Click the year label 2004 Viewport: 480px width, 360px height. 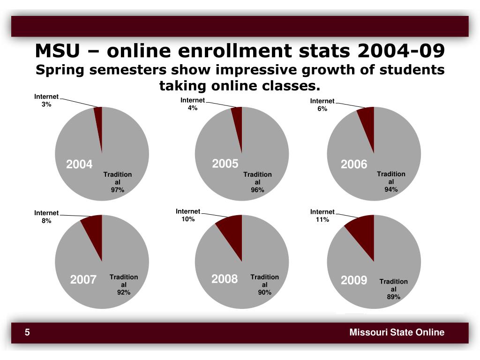point(79,165)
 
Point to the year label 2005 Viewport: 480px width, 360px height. point(225,164)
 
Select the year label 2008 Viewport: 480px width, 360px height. point(225,279)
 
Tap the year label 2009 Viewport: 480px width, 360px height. point(354,280)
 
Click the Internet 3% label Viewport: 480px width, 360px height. point(46,100)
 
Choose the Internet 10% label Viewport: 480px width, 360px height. point(188,215)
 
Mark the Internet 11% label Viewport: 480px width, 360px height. point(322,216)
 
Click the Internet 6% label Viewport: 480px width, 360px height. point(322,105)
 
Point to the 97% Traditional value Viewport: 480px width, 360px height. point(118,190)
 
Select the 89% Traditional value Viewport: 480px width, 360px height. point(393,297)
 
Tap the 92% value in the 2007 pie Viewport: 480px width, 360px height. point(124,292)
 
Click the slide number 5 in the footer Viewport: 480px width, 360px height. point(28,332)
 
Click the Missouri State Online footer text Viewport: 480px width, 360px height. point(397,332)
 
